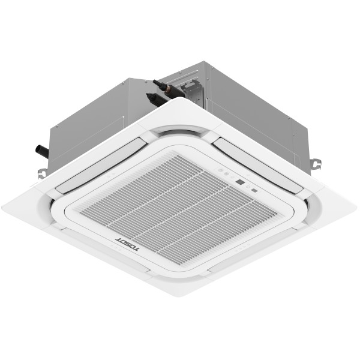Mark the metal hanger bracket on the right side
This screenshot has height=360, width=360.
click(315, 163)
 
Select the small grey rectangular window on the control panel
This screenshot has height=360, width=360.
click(254, 191)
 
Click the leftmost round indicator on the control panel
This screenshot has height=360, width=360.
click(220, 170)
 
